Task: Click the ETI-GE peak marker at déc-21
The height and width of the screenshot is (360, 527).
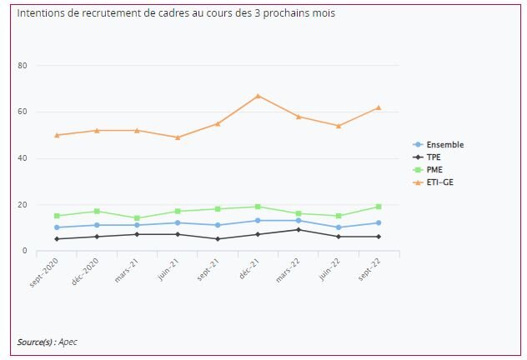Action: (258, 96)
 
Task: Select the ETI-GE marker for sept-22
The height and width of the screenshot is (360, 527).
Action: (379, 107)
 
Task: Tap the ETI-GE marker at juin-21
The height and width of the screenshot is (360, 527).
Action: (178, 137)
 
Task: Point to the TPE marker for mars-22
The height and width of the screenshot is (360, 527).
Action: (299, 229)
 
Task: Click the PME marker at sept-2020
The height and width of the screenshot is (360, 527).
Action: (57, 216)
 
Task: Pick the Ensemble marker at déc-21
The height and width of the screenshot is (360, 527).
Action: (258, 221)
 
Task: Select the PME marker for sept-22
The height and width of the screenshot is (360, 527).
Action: (379, 207)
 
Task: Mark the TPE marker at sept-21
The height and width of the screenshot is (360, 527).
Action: (218, 239)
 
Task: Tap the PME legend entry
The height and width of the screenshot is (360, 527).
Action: (434, 169)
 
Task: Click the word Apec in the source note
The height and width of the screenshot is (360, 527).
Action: (68, 342)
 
